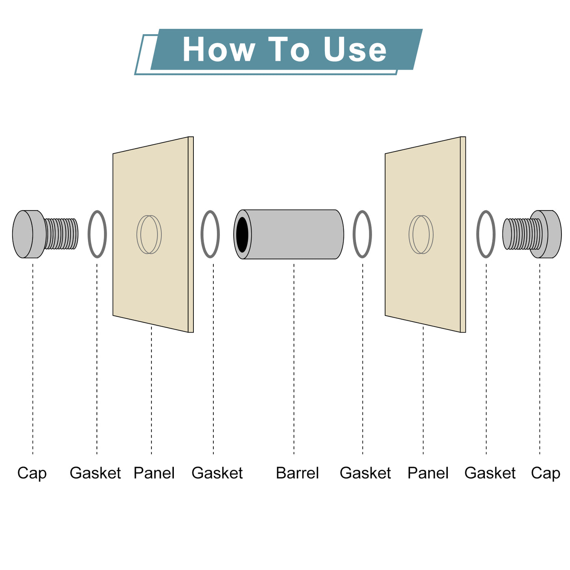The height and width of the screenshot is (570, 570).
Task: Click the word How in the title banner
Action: coord(219,49)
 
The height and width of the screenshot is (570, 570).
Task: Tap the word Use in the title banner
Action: coord(355,49)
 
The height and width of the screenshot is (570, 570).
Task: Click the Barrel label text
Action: coord(297,473)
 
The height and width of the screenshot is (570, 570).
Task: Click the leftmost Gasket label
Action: coord(95,473)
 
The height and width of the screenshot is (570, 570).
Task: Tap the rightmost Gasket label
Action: coord(490,473)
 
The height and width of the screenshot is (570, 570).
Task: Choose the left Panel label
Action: coord(154,473)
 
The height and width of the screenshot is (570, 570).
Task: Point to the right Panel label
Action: coord(428,473)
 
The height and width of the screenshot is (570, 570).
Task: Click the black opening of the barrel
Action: coord(242,234)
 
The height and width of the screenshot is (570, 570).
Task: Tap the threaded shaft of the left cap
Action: coord(61,234)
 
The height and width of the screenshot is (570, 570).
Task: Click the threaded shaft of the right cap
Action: coord(520,234)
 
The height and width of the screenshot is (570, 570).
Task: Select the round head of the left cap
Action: coord(28,234)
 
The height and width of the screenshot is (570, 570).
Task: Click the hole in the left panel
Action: coord(149,234)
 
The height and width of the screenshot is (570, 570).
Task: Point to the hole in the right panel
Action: coord(421,234)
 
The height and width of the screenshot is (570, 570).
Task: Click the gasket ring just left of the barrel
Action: coord(202,234)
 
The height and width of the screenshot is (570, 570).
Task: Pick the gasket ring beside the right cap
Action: coord(477,234)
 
